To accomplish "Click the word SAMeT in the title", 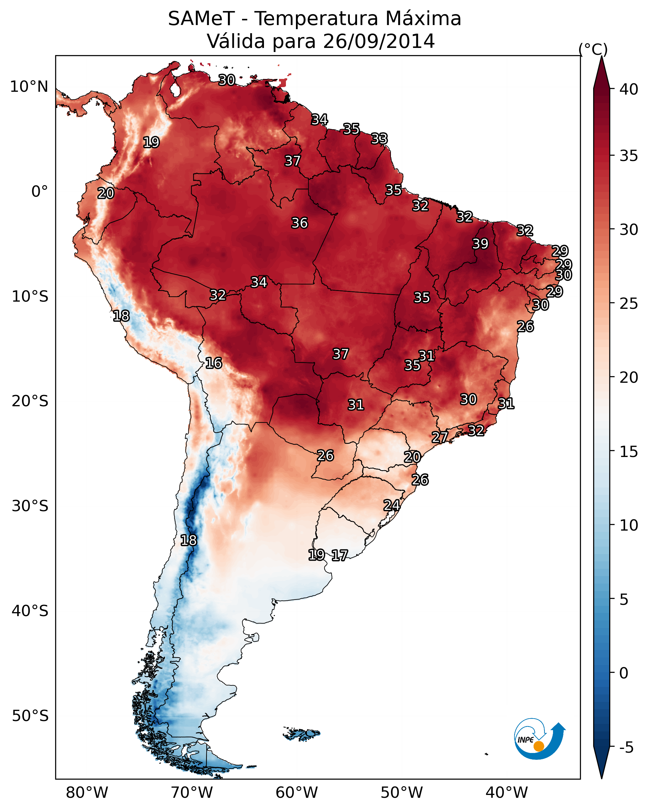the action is pyautogui.click(x=201, y=18).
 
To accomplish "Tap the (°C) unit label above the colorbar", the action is pyautogui.click(x=593, y=49).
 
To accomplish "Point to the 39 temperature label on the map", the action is pyautogui.click(x=480, y=244).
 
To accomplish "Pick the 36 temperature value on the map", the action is pyautogui.click(x=300, y=223).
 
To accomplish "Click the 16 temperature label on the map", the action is pyautogui.click(x=213, y=363).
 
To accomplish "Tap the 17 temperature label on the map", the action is pyautogui.click(x=340, y=555).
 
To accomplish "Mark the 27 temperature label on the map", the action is pyautogui.click(x=440, y=437).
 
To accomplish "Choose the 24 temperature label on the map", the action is pyautogui.click(x=392, y=505).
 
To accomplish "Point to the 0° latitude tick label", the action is pyautogui.click(x=40, y=192).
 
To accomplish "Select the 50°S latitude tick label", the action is pyautogui.click(x=30, y=716).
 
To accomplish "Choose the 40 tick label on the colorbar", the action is pyautogui.click(x=629, y=89).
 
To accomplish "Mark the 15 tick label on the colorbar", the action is pyautogui.click(x=629, y=452).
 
